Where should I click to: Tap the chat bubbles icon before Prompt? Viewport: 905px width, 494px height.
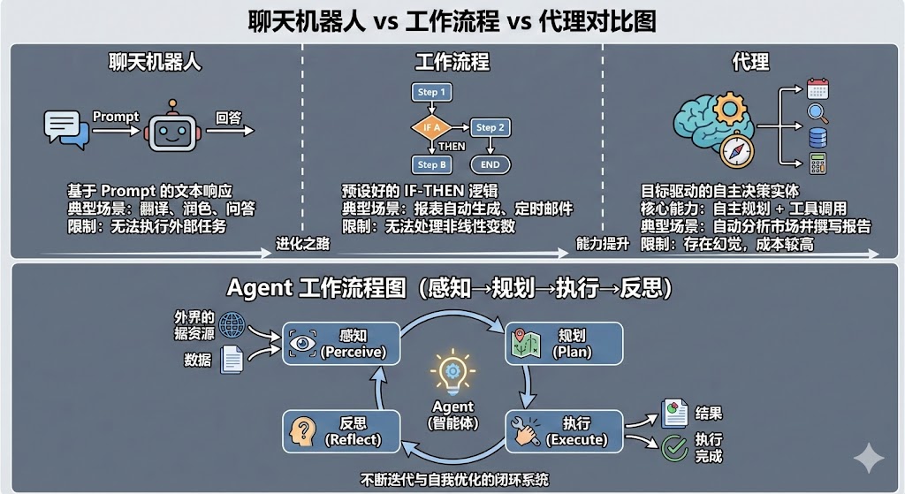point(66,130)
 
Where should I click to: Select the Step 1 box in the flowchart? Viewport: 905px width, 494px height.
point(431,92)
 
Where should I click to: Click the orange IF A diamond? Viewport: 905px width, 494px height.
point(431,127)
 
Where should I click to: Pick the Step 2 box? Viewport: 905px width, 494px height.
point(491,127)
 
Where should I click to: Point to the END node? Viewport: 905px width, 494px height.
point(491,164)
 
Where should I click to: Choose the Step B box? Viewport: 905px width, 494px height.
point(433,164)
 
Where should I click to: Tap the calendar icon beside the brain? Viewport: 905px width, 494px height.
point(818,88)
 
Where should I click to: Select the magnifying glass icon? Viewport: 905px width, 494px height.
point(818,113)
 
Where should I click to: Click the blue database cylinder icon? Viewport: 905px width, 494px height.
point(818,138)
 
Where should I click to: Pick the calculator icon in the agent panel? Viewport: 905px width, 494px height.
point(818,163)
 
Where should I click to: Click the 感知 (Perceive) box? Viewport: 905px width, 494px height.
point(341,344)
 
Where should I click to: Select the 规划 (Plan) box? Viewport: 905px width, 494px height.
point(563,344)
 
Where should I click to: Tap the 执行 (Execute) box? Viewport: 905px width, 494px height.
point(565,431)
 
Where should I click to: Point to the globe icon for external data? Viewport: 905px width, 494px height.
point(232,324)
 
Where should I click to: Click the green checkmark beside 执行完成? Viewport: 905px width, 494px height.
point(674,447)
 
